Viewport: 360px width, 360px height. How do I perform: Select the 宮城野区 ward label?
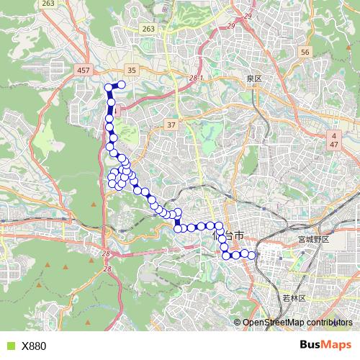click(312, 239)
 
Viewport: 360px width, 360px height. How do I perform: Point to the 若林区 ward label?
click(292, 297)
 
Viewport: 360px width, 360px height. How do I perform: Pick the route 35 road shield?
click(131, 70)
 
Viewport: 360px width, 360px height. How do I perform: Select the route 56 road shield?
click(305, 53)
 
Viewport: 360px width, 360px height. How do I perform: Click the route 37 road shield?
click(171, 125)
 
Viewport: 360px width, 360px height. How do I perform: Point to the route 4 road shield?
click(334, 135)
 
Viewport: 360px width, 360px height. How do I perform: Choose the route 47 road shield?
click(334, 145)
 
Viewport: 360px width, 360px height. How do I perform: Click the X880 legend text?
click(34, 346)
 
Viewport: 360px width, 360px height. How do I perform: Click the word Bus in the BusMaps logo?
click(310, 345)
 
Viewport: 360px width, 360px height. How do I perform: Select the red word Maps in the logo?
click(336, 345)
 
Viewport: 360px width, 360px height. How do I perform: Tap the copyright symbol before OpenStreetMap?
click(238, 323)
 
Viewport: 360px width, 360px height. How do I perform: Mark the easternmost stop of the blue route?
click(252, 254)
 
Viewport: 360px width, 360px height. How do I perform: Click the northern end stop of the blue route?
click(122, 86)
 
